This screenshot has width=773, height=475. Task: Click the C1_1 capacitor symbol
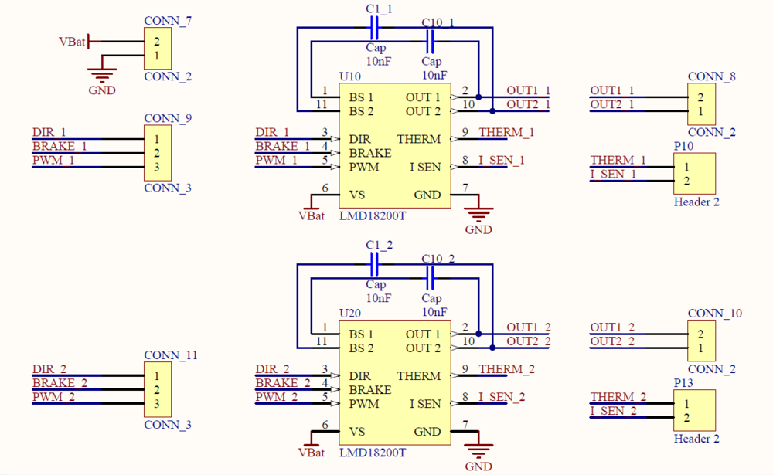374,29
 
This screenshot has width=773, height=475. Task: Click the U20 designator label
350,314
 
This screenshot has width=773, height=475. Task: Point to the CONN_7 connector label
168,21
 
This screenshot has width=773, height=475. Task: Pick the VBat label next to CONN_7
72,42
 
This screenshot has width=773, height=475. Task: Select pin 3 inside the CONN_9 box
156,167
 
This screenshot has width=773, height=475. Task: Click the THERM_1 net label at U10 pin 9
506,132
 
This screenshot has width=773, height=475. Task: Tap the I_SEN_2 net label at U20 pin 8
501,397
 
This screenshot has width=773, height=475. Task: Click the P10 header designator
684,146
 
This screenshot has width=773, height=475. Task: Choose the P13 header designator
684,383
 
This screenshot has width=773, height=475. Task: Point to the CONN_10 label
714,313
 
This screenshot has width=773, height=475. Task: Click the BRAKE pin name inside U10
370,153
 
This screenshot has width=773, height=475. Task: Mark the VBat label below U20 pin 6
312,453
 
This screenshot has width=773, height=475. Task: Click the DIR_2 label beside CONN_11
49,369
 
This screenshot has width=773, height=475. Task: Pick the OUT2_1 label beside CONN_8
612,104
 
